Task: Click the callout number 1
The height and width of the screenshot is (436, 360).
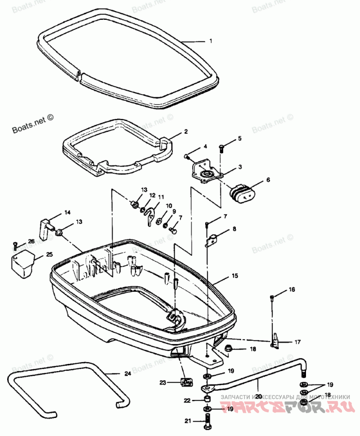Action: click(210, 41)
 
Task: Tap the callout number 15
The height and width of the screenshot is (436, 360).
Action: click(234, 275)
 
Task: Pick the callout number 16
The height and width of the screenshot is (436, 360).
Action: click(292, 290)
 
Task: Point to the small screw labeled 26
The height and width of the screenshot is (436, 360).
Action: click(15, 245)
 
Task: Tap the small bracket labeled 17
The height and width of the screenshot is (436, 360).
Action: click(275, 341)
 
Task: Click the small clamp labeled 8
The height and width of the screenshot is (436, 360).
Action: click(212, 239)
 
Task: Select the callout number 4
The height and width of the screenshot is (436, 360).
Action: click(205, 147)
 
